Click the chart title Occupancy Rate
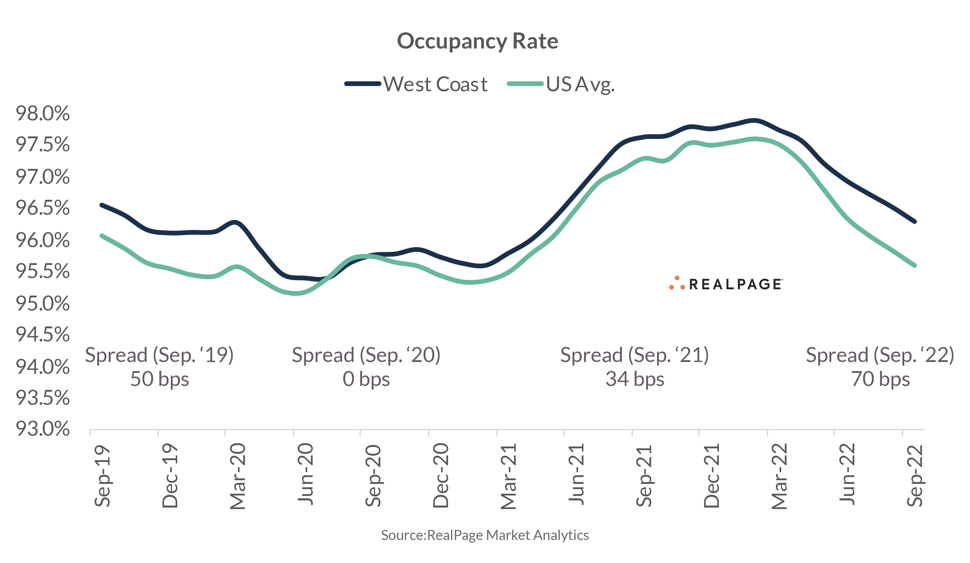click(477, 41)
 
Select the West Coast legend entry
click(435, 84)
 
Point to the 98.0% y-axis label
click(43, 113)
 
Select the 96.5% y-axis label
click(43, 208)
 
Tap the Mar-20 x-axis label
click(238, 476)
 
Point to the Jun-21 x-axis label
click(576, 474)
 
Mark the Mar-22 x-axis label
click(779, 476)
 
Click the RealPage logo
click(726, 284)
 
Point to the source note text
click(485, 535)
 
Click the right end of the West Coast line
click(915, 222)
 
